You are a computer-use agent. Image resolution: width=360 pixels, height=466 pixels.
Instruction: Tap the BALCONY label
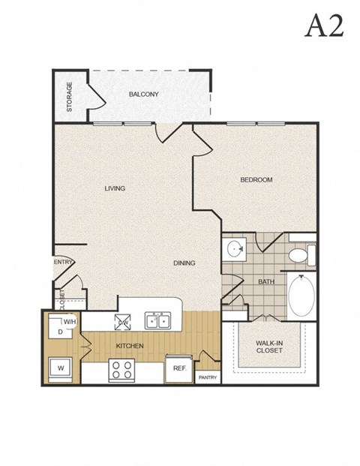[x=142, y=95]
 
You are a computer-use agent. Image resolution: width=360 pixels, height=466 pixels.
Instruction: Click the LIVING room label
[x=115, y=188]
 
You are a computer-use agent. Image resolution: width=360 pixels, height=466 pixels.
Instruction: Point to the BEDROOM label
[x=256, y=180]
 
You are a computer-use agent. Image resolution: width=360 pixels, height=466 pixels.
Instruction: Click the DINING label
[x=184, y=263]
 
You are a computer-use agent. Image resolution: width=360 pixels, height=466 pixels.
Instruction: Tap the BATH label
[x=266, y=282]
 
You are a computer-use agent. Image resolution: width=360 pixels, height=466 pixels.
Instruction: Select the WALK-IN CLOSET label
[x=270, y=347]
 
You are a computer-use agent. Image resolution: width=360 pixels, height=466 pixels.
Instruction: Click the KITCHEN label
[x=129, y=346]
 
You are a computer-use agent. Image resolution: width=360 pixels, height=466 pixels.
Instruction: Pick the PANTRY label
[x=207, y=378]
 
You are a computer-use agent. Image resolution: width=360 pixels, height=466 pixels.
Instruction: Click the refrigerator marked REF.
[x=179, y=368]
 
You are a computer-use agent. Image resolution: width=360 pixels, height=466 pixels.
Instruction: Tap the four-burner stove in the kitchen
[x=122, y=369]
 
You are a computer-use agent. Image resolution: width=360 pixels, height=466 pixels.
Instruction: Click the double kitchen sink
[x=159, y=321]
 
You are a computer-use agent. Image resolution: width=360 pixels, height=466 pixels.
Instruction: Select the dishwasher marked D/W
[x=122, y=322]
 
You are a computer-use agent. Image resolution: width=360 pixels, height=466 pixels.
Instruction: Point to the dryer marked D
[x=60, y=330]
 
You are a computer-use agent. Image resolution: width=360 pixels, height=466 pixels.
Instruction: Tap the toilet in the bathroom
[x=300, y=254]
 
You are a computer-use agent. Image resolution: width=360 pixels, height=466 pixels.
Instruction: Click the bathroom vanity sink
[x=235, y=249]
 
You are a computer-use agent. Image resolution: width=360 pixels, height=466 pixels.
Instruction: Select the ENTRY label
[x=62, y=263]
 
